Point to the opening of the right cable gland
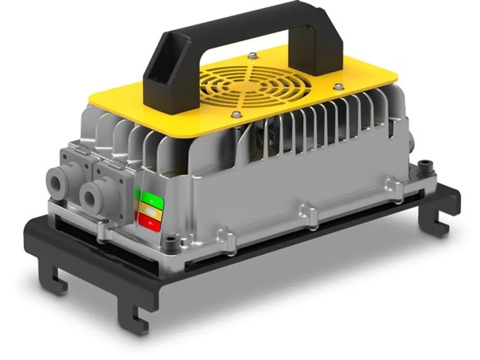(90, 197)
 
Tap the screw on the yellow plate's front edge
(236, 114)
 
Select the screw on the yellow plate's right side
(338, 87)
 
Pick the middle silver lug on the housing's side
(308, 213)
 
